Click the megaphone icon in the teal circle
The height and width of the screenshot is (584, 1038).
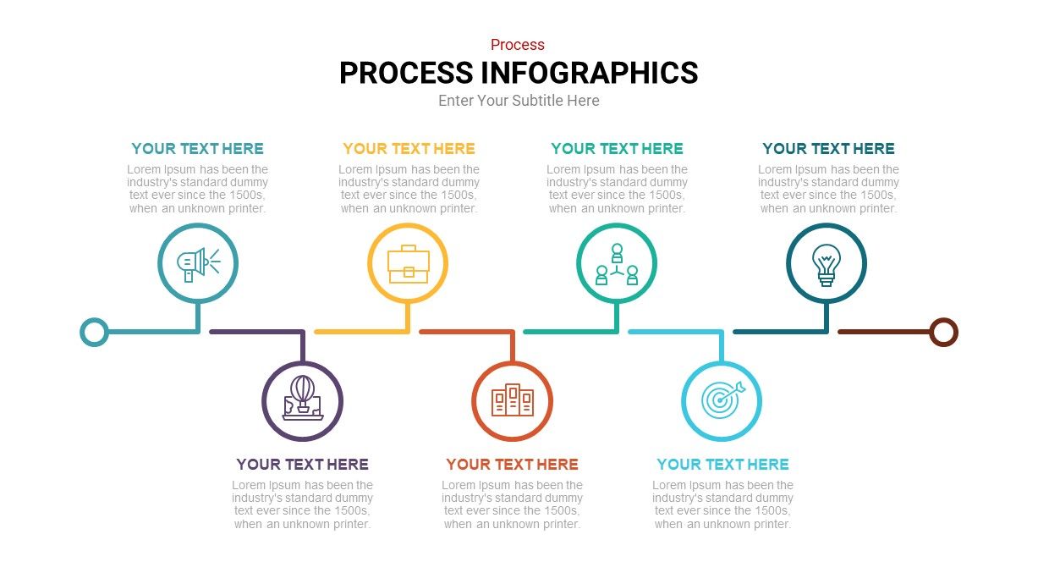pos(198,265)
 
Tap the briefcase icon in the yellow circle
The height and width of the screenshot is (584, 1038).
pos(409,264)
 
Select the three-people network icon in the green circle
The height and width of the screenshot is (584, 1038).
pos(617,264)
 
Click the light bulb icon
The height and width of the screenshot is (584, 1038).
pos(827,265)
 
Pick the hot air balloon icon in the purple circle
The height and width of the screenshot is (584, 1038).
pos(303,398)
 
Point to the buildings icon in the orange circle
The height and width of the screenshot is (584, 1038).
pos(513,399)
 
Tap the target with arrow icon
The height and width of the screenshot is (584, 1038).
pos(722,399)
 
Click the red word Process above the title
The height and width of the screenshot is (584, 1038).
pos(518,45)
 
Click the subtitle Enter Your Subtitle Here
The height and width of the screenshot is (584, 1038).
pos(519,101)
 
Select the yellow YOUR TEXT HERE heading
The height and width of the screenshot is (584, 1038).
pos(409,149)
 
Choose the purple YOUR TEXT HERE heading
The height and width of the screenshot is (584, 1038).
pos(302,465)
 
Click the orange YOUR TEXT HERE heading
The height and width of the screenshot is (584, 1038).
pos(512,465)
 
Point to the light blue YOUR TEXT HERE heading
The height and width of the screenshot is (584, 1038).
pos(722,465)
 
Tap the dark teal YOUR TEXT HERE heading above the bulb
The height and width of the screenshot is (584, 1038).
pos(828,149)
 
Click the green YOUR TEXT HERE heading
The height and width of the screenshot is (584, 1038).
pos(617,149)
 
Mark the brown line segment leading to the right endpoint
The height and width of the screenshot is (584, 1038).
pos(884,332)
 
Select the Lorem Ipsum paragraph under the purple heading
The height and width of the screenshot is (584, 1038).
pos(302,504)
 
